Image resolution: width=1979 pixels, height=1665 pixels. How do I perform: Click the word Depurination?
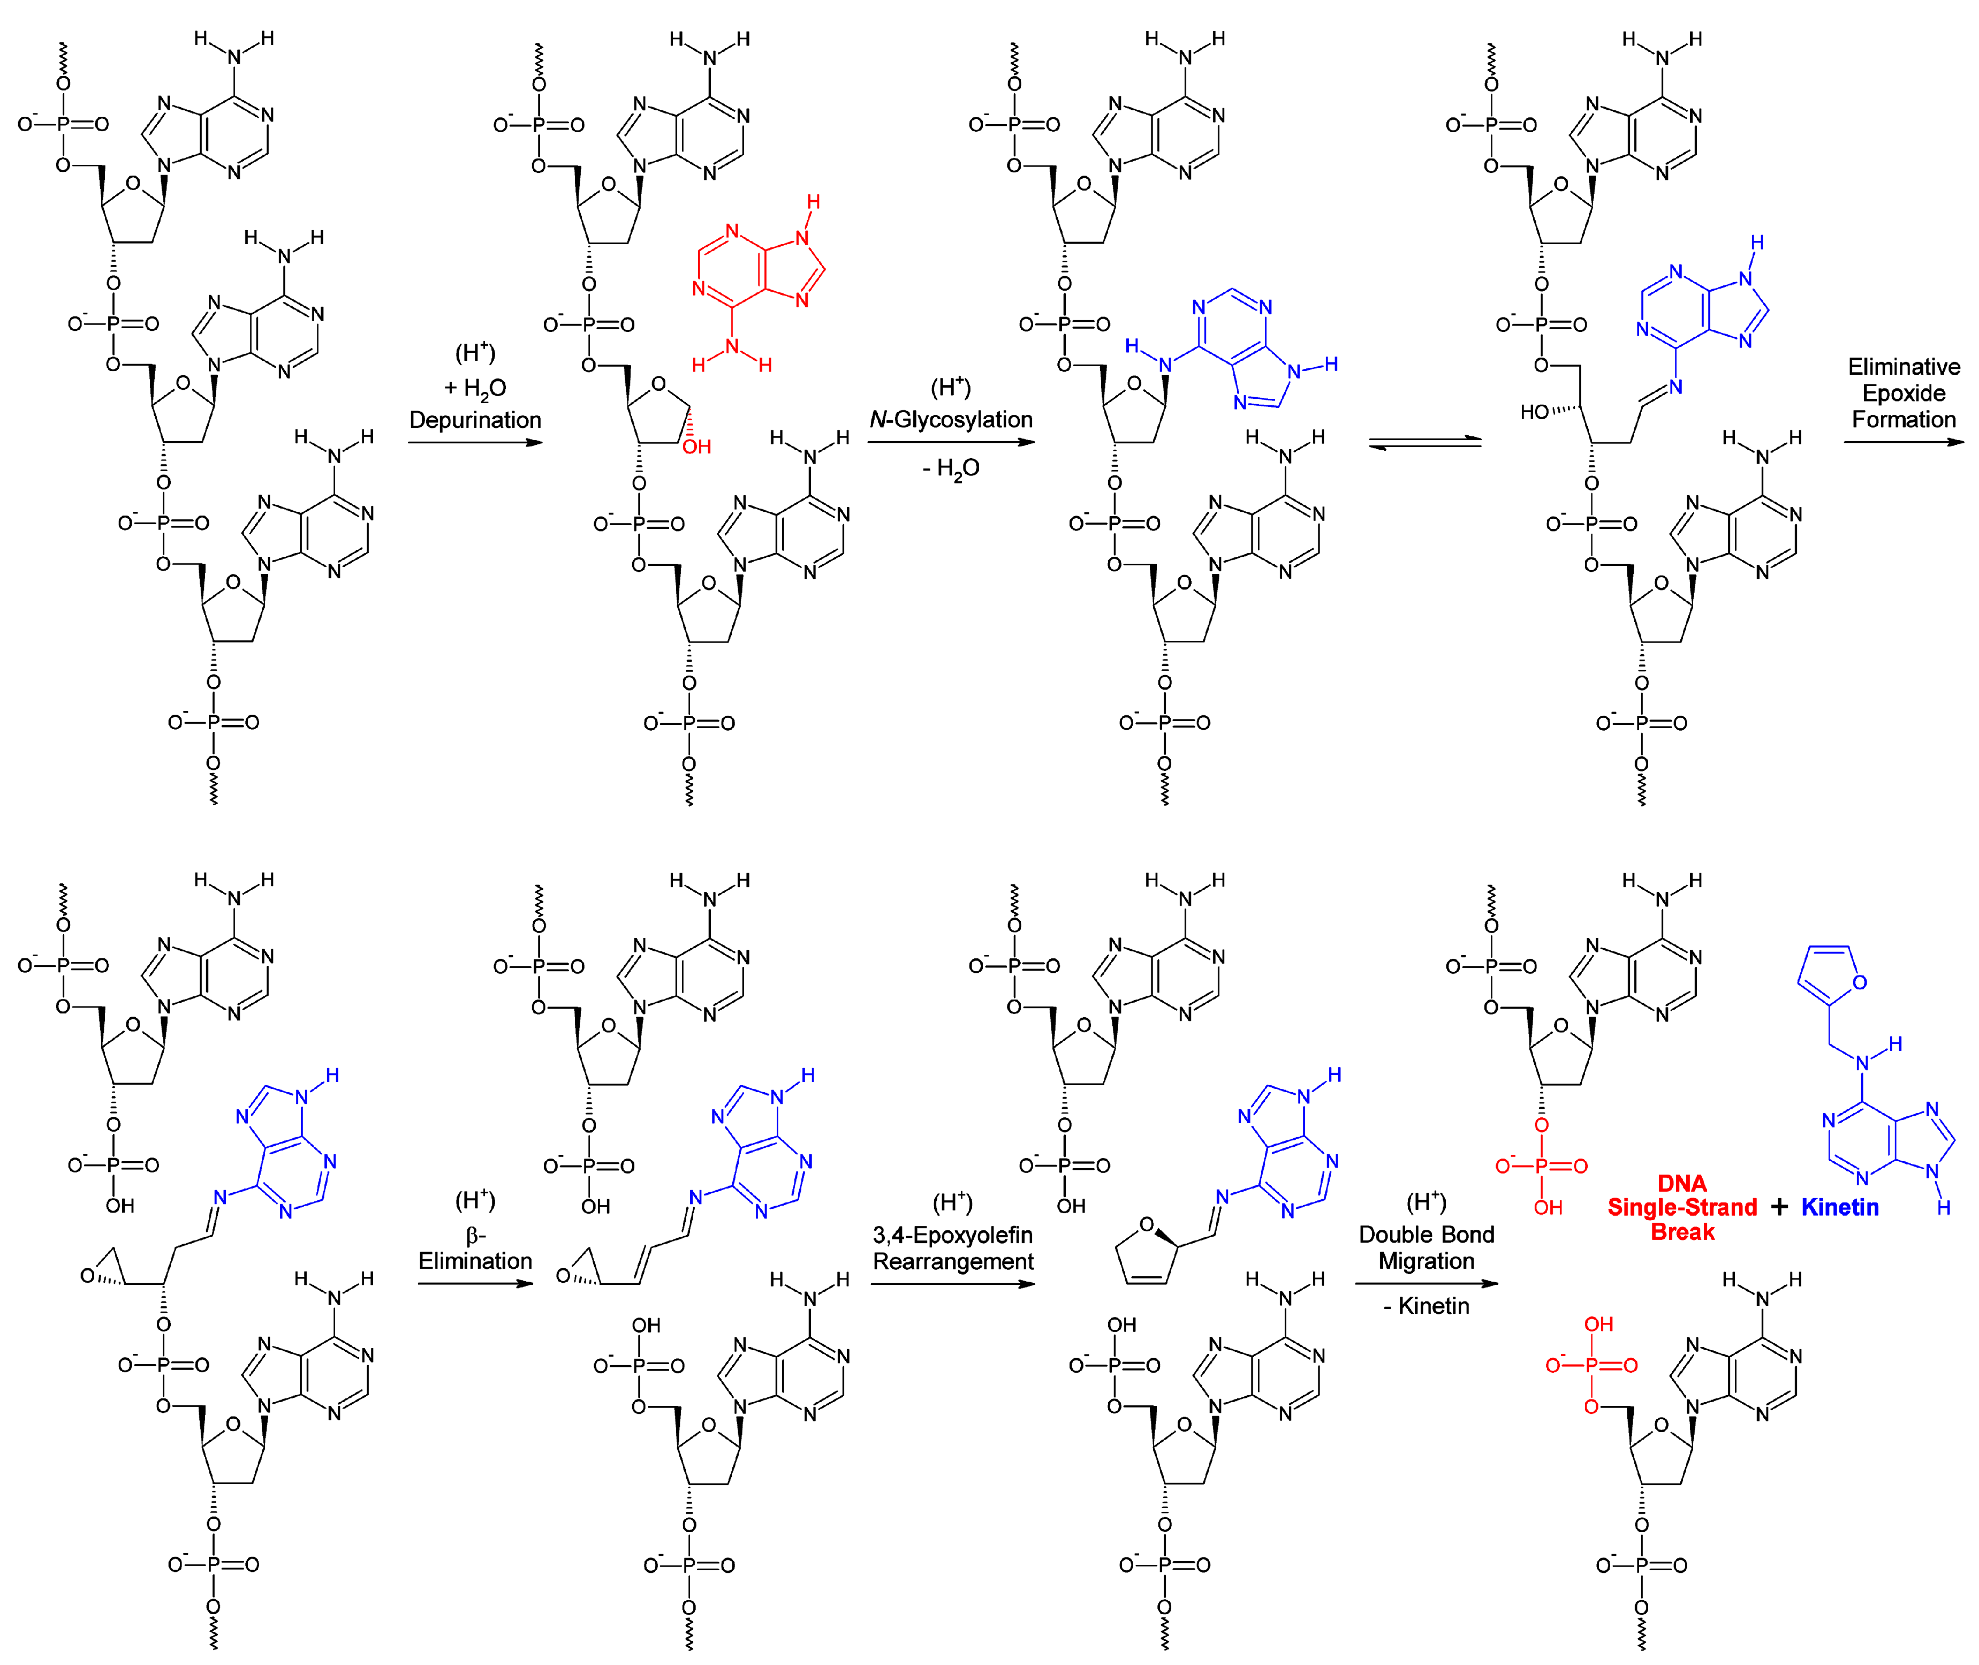475,420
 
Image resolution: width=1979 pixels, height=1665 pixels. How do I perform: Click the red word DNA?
1682,1183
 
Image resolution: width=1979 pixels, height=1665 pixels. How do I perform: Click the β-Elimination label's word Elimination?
475,1260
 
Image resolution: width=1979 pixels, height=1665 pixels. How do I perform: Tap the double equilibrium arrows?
1425,442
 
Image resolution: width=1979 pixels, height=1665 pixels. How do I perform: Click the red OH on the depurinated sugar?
696,446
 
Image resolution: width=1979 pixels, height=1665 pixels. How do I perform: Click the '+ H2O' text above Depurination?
475,388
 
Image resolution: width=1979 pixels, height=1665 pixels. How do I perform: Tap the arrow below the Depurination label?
475,442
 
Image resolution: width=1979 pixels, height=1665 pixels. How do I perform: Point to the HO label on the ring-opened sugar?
1535,412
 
